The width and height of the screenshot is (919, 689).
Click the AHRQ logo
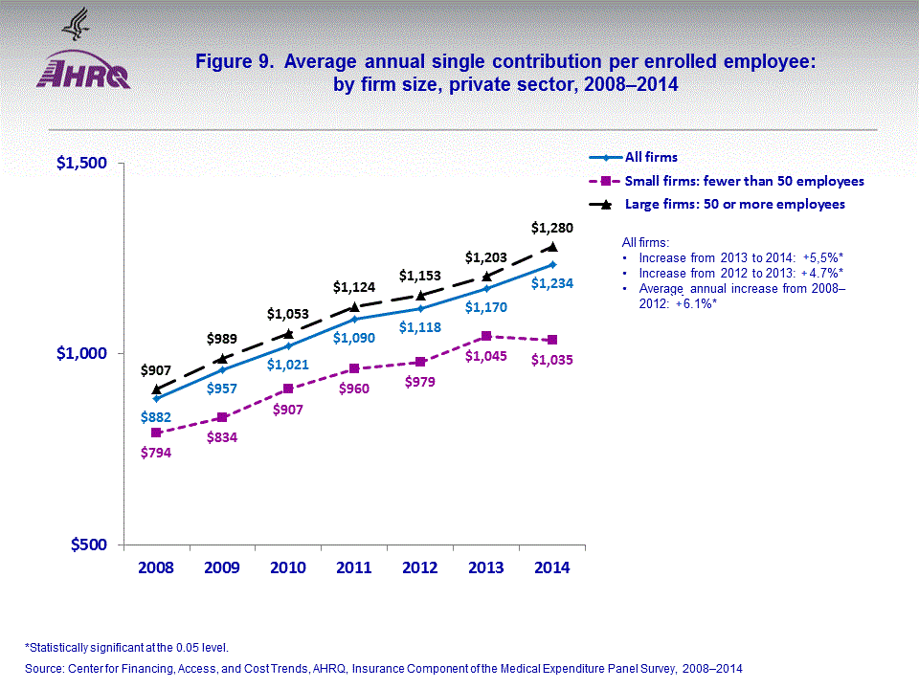83,69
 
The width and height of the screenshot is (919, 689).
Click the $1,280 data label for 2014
550,228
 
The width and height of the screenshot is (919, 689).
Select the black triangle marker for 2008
156,389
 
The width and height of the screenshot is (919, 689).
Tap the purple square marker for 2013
486,336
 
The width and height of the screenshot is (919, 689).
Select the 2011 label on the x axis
354,567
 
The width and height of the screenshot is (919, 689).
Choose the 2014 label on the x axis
551,567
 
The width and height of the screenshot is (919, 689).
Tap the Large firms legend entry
734,204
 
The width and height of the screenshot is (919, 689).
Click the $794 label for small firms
156,453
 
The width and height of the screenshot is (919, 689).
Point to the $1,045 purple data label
484,357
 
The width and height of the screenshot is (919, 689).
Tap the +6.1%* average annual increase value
695,303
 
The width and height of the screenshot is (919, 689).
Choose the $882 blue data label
156,417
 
